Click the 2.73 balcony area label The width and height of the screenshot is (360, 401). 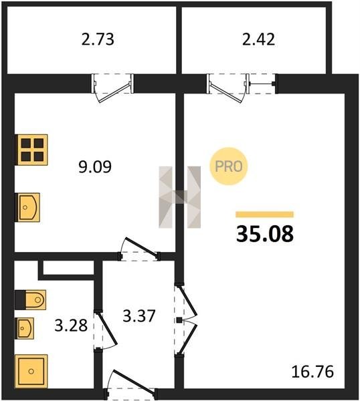98,40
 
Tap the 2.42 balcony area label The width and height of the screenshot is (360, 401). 258,40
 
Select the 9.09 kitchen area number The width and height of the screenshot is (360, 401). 95,166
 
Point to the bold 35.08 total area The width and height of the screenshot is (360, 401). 265,234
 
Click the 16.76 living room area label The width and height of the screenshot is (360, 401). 312,372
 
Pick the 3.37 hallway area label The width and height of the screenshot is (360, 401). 139,315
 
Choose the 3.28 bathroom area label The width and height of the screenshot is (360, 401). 71,325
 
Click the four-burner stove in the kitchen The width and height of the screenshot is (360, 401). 31,150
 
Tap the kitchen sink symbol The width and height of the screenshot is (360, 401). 27,207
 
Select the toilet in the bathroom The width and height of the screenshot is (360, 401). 31,299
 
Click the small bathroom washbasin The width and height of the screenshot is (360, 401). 24,328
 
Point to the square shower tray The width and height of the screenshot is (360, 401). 31,371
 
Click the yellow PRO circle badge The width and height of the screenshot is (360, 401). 229,166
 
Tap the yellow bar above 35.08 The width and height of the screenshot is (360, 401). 265,215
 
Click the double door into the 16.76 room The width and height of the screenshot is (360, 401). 185,319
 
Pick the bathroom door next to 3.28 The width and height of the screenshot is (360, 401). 105,331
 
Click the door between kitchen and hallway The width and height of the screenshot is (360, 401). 139,250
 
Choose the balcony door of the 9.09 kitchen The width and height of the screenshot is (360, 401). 112,88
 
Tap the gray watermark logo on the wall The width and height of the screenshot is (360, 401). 180,197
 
